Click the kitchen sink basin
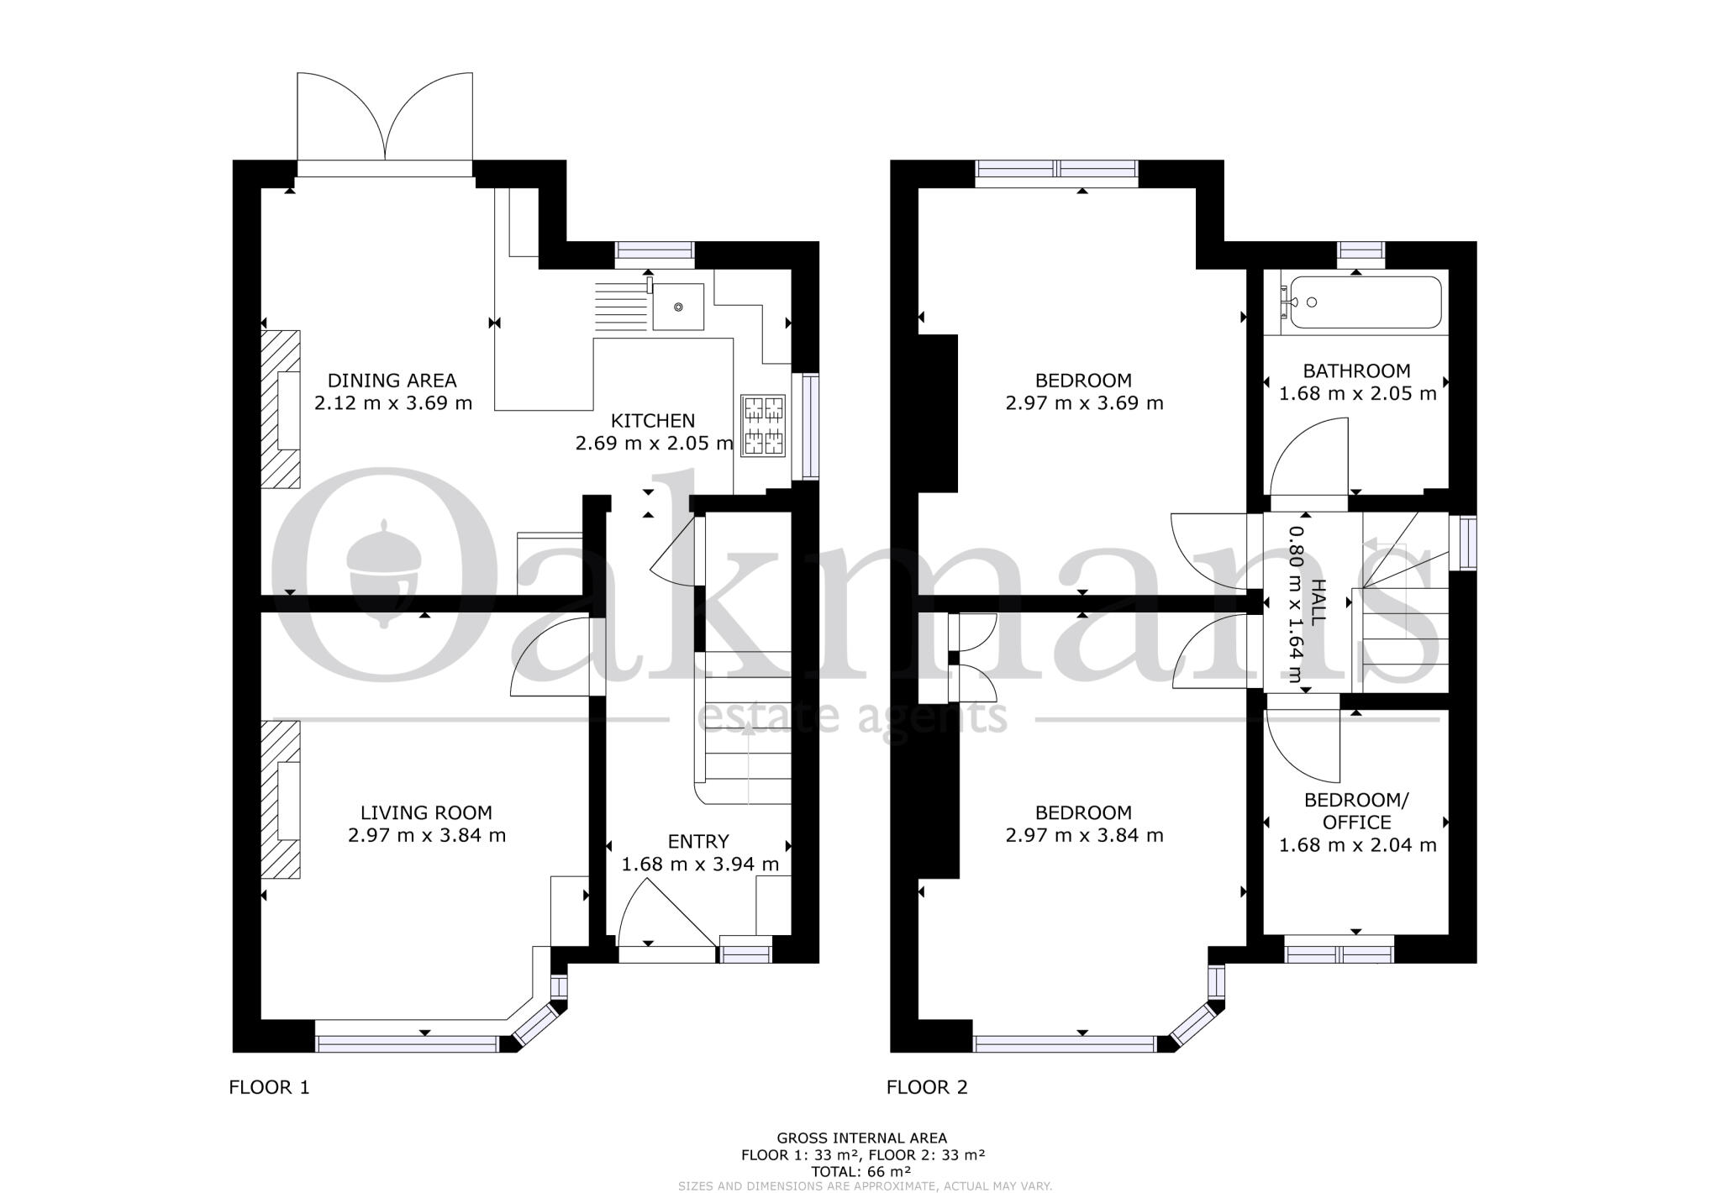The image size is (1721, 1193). pyautogui.click(x=678, y=307)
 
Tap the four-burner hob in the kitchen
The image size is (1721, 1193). pyautogui.click(x=762, y=426)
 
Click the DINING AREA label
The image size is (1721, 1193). pyautogui.click(x=392, y=380)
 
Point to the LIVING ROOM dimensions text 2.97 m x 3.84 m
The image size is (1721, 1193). pyautogui.click(x=426, y=835)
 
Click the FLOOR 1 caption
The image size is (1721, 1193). pyautogui.click(x=269, y=1087)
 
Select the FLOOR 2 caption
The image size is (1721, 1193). pyautogui.click(x=927, y=1087)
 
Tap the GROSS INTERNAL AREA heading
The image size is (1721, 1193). pyautogui.click(x=861, y=1138)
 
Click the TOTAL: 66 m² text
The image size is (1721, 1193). pyautogui.click(x=861, y=1170)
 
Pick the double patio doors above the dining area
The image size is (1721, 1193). pyautogui.click(x=385, y=122)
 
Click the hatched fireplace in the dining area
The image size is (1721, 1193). pyautogui.click(x=281, y=409)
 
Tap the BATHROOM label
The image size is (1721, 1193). pyautogui.click(x=1356, y=371)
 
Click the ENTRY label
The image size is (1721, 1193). pyautogui.click(x=698, y=841)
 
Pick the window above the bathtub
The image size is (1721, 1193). pyautogui.click(x=1361, y=250)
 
